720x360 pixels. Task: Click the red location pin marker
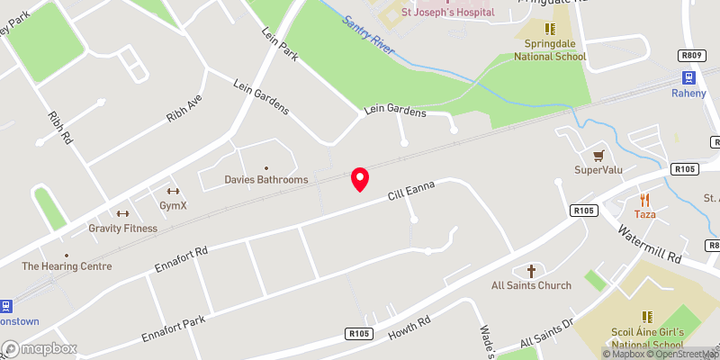(x=360, y=179)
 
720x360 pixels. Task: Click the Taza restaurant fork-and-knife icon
(x=643, y=200)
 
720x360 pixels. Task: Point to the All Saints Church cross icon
(x=531, y=271)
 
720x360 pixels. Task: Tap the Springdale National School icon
(x=550, y=29)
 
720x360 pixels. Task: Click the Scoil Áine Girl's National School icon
(x=645, y=317)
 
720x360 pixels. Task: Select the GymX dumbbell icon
(x=172, y=191)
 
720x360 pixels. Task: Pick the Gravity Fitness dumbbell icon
(x=122, y=213)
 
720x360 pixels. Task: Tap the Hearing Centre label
(x=67, y=266)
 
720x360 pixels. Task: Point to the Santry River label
(x=368, y=34)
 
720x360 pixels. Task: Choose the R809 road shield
(x=691, y=56)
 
